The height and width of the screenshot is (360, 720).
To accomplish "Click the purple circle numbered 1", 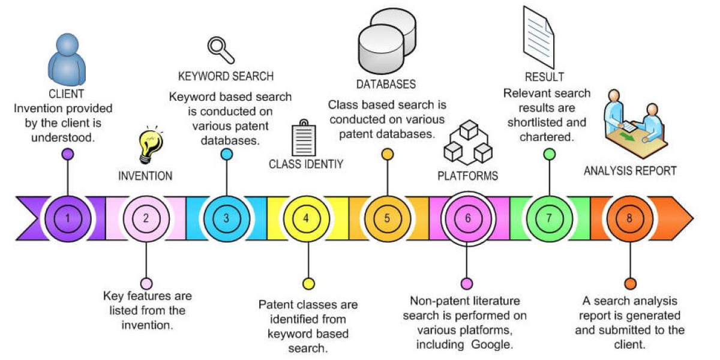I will pos(67,218).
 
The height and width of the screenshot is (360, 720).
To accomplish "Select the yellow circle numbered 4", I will pos(307,218).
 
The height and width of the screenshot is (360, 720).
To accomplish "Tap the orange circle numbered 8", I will pos(629,218).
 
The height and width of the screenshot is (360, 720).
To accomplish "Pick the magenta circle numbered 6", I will pos(467,218).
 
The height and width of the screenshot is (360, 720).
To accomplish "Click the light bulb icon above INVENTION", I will pos(150,145).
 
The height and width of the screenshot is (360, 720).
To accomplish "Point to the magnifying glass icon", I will pos(220,50).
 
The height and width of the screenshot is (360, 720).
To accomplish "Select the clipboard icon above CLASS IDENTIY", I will pos(304,139).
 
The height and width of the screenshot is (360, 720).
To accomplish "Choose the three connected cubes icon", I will pos(467,143).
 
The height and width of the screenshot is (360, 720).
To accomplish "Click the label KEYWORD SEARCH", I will pos(226,76).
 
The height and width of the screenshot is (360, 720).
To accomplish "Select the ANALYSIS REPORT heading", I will pos(630,171).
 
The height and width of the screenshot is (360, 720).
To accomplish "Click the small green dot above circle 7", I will pos(549,154).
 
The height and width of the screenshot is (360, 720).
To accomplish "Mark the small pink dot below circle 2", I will pos(146,283).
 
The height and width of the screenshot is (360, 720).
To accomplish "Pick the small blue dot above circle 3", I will pos(226,154).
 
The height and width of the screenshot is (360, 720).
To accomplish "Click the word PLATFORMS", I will pos(467,176).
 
